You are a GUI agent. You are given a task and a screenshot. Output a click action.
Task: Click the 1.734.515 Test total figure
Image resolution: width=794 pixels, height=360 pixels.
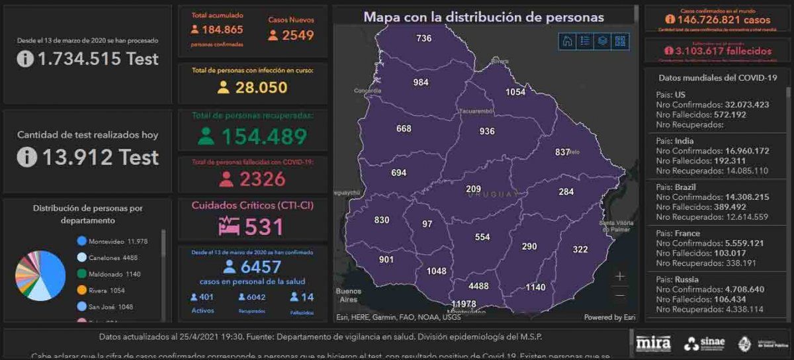[x=98, y=59]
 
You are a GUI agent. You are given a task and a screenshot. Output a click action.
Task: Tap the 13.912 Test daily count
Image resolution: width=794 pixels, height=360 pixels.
[x=101, y=157]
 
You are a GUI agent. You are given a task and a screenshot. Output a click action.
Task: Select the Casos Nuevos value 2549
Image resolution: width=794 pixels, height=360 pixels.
[x=298, y=35]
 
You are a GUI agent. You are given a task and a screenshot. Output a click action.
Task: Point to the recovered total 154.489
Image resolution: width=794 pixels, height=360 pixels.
[x=263, y=136]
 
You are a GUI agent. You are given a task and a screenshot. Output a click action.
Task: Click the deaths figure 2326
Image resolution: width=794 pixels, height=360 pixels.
[x=262, y=179]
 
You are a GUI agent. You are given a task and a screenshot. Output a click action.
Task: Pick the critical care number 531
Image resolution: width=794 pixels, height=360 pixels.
[x=264, y=227]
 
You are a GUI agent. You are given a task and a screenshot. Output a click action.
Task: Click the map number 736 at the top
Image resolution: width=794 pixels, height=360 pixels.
[x=424, y=38]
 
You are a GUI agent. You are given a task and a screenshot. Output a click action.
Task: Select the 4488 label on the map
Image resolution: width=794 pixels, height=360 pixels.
[x=478, y=286]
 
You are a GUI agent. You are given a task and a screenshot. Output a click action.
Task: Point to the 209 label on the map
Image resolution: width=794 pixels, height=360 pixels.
[x=473, y=189]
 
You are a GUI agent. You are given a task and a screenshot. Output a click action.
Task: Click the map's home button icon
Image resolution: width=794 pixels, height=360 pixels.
[x=567, y=41]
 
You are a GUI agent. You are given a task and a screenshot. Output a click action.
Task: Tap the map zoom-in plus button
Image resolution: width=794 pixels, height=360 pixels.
[x=620, y=276]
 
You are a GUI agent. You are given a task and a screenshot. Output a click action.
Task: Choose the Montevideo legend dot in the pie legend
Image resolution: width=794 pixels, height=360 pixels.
[x=82, y=242]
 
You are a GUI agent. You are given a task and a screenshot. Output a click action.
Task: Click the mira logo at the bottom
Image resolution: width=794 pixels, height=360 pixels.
[x=653, y=343]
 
